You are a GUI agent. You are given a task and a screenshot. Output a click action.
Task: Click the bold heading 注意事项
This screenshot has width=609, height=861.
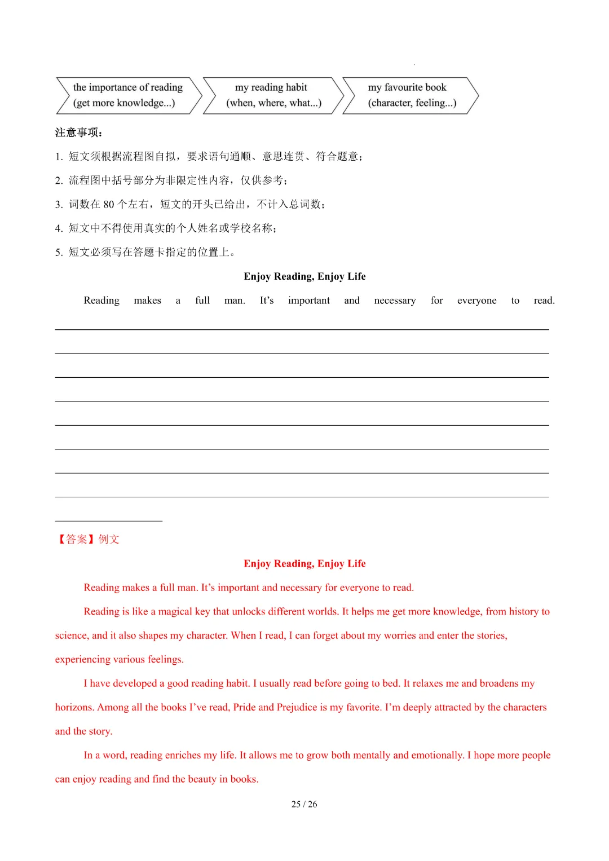[78, 133]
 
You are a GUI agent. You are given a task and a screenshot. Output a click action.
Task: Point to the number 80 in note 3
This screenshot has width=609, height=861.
[109, 204]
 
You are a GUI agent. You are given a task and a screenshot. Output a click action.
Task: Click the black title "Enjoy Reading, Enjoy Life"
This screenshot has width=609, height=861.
[304, 276]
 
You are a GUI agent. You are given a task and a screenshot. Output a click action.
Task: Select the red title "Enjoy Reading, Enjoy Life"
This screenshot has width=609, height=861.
[304, 563]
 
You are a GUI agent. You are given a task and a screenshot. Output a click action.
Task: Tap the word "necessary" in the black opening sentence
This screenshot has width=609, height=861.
[395, 301]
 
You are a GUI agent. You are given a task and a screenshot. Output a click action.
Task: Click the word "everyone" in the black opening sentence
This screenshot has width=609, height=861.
[476, 301]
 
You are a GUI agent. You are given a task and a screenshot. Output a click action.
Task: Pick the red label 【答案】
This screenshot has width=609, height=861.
[77, 540]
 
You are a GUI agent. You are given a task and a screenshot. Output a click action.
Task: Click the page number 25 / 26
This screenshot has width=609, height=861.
[304, 804]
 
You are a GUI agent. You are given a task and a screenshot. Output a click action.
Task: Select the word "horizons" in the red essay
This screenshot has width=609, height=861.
[74, 708]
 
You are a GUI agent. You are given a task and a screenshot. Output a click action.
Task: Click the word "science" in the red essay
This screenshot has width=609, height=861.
[71, 636]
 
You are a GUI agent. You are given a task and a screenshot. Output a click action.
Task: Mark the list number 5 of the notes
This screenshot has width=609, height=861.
[58, 253]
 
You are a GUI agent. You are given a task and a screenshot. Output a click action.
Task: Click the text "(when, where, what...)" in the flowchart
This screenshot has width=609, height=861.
[274, 103]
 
